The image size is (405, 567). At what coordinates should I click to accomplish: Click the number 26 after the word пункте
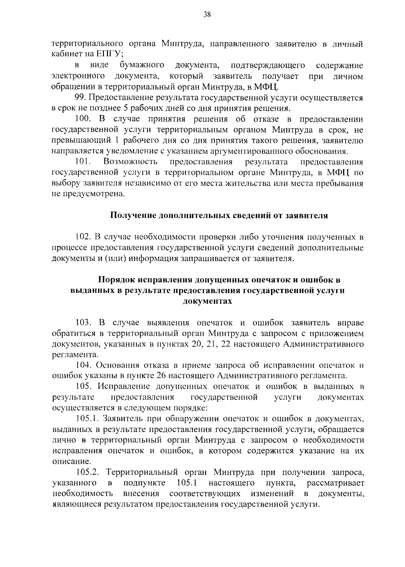point(158,376)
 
